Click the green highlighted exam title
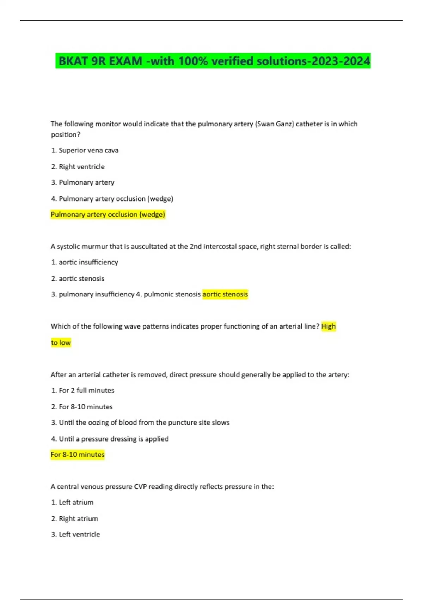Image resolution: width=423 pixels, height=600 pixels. (x=213, y=61)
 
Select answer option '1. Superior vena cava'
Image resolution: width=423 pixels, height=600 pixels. (x=85, y=150)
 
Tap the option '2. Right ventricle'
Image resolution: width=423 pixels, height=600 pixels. (x=78, y=167)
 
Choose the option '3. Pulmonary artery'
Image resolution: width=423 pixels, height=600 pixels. (x=83, y=182)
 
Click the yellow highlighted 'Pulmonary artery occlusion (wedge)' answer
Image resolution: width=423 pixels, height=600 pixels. (x=108, y=215)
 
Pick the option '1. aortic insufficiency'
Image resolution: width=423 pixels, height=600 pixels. (x=85, y=262)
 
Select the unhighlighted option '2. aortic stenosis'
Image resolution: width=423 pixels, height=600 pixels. (x=78, y=278)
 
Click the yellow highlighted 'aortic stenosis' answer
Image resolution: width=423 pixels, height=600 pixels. (x=225, y=294)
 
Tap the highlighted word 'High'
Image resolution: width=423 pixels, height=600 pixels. (x=328, y=326)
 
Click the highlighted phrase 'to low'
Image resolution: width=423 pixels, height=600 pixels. (x=61, y=343)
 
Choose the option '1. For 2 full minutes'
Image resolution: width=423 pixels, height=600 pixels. (x=83, y=390)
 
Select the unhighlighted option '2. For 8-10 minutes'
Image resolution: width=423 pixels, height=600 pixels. (x=82, y=407)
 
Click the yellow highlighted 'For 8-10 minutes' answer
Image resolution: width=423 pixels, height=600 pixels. (x=78, y=455)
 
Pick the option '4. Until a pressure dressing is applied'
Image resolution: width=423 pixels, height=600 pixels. (x=110, y=439)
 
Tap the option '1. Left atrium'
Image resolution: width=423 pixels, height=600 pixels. (x=72, y=502)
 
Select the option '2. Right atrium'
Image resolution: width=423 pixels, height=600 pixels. (x=75, y=518)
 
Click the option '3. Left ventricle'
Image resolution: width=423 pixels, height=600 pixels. (x=75, y=534)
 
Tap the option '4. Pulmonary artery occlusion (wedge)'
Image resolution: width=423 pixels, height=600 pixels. (x=112, y=199)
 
